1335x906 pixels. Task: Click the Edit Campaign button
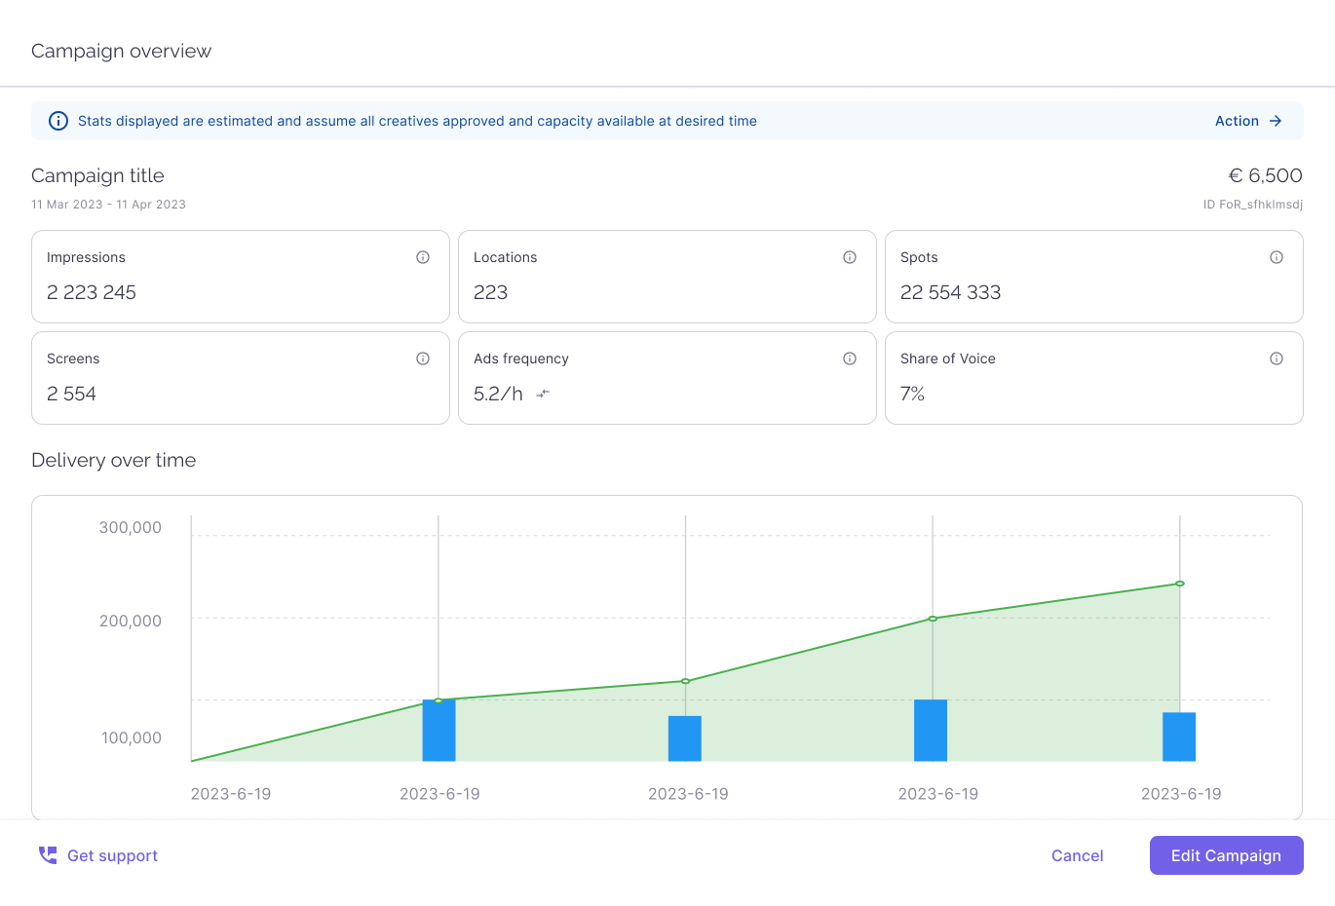tap(1226, 855)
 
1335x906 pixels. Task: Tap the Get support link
tap(98, 855)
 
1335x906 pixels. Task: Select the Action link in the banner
tap(1247, 121)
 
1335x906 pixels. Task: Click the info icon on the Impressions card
tap(423, 257)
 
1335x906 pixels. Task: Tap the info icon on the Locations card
tap(850, 257)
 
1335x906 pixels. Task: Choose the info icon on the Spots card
tap(1277, 257)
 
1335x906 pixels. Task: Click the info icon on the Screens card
tap(423, 359)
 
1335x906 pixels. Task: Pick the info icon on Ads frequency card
tap(850, 359)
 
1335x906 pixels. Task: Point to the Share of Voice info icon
tap(1277, 359)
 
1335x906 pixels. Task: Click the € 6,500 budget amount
tap(1265, 175)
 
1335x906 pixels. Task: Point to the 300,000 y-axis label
tap(131, 527)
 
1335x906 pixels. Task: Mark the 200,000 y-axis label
tap(131, 621)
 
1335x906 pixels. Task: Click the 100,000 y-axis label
tap(132, 737)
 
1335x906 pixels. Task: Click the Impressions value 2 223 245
tap(92, 292)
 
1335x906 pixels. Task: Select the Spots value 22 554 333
tap(950, 292)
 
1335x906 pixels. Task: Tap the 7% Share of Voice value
tap(912, 394)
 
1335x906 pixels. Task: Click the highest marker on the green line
tap(1180, 584)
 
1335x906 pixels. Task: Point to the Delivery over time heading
tap(113, 460)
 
